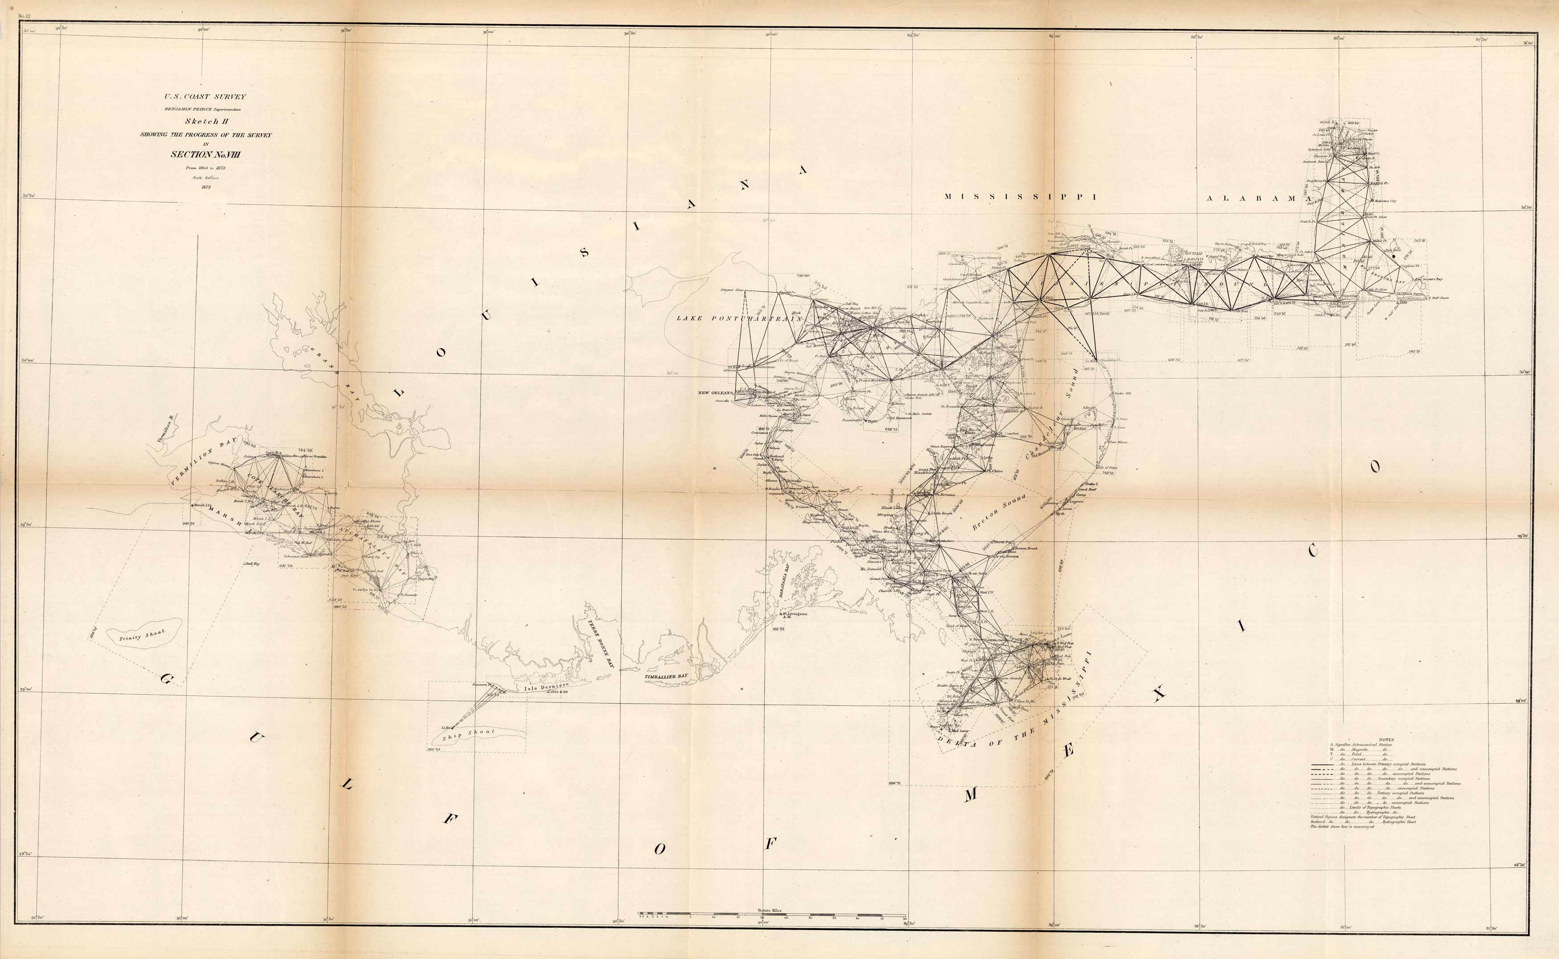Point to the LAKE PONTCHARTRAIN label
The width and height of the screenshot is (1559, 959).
click(x=739, y=318)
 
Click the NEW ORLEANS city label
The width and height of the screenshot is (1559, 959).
click(x=715, y=392)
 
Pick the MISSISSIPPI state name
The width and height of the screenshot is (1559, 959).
click(x=1020, y=196)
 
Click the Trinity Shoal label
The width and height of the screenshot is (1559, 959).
click(x=142, y=635)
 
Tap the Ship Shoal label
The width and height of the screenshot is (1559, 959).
click(x=469, y=735)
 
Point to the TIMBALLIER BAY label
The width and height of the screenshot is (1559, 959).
click(x=666, y=677)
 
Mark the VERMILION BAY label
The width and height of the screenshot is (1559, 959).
click(x=203, y=461)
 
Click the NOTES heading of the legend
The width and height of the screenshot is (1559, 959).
click(x=1386, y=739)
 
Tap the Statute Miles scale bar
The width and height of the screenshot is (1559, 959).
click(x=771, y=914)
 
